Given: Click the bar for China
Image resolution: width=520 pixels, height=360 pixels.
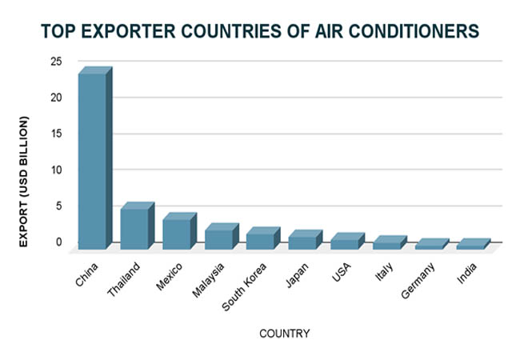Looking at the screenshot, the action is [x=95, y=158].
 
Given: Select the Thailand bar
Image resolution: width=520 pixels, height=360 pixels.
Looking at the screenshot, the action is [x=138, y=226].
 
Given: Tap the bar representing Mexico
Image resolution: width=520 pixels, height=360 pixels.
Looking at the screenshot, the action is [x=179, y=231].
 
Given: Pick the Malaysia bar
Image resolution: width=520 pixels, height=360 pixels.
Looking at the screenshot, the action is [x=222, y=236].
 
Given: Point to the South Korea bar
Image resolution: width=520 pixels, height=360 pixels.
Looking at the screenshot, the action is [x=263, y=238].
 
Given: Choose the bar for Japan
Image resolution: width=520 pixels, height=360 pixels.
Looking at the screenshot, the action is [x=306, y=240].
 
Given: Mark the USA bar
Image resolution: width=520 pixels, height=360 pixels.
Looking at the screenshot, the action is [x=347, y=241].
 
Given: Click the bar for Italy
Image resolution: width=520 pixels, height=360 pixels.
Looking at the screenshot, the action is [x=390, y=242].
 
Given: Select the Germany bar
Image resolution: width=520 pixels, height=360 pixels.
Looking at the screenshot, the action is [x=432, y=244].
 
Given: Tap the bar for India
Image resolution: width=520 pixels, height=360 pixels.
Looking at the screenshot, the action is [x=474, y=244].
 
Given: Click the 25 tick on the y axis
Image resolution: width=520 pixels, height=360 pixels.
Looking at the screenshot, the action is [x=56, y=62].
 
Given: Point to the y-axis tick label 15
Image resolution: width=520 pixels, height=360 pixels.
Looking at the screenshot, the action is [x=56, y=134].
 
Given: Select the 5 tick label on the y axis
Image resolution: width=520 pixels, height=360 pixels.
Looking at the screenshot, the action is [x=58, y=206].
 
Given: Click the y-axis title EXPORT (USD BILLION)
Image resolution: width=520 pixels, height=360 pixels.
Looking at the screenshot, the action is [x=23, y=182].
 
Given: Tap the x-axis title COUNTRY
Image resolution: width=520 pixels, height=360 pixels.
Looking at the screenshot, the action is [x=285, y=334].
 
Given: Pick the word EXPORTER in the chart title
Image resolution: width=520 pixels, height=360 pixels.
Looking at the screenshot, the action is [x=128, y=31].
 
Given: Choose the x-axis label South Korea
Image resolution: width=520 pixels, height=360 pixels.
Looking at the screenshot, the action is [x=244, y=287].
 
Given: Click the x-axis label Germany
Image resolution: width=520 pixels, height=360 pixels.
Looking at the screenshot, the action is [x=418, y=281].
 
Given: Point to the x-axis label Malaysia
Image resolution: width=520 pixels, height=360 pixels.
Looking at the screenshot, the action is [x=208, y=280].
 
